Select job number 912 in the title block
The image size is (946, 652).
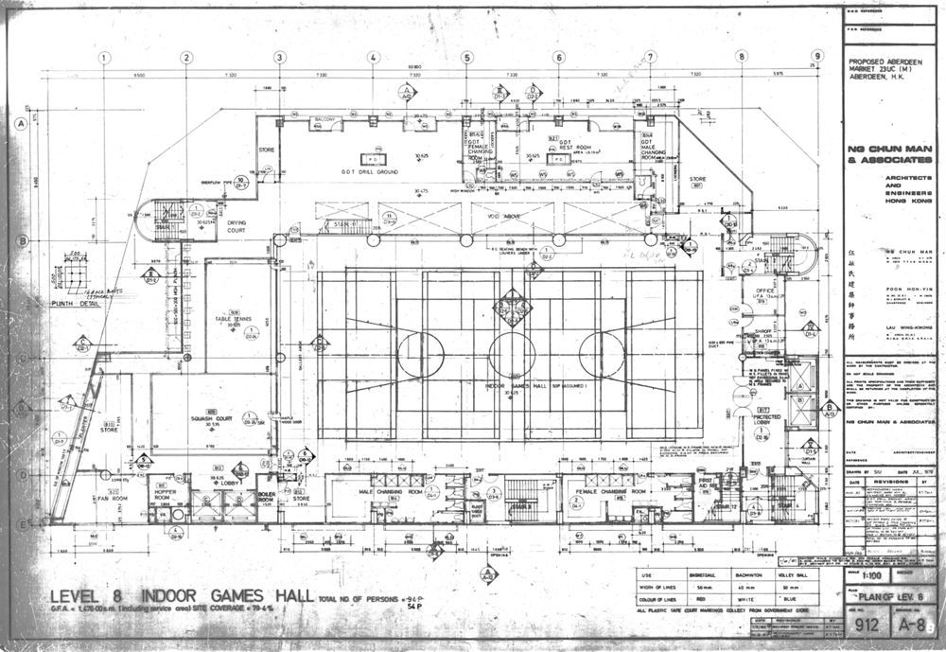tap(864, 625)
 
